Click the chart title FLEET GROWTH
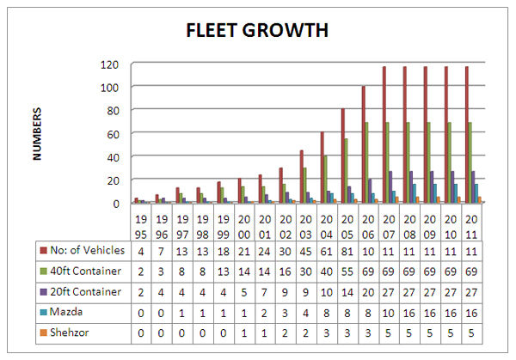point(258,31)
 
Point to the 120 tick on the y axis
point(108,64)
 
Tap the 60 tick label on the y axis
point(112,134)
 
